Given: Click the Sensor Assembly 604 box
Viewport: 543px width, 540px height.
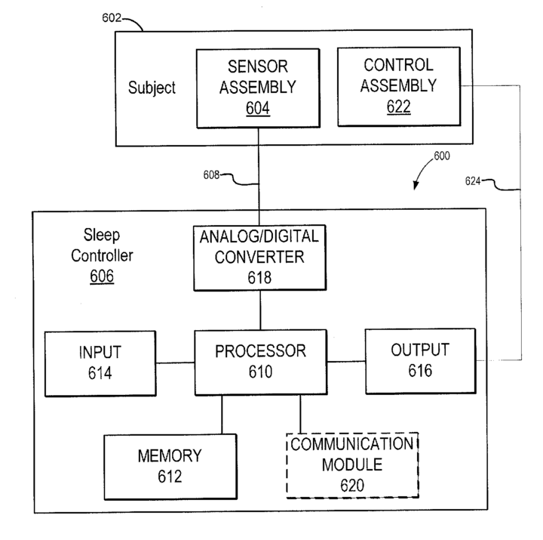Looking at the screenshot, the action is point(258,88).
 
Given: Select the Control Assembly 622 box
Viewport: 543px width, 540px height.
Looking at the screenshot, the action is point(399,86).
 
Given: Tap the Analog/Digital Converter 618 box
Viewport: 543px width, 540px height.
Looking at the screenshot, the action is point(259,258).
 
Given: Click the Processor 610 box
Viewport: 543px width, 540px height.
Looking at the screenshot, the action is point(261,362).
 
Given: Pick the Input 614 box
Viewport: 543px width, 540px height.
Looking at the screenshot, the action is point(100,363).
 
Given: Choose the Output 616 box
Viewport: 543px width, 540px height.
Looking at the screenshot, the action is point(420,361).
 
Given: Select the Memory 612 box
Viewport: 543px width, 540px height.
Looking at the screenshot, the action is point(170,467).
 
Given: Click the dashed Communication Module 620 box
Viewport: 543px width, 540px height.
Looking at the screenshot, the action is point(352,465).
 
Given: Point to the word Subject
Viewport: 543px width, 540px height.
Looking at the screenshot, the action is point(152,88).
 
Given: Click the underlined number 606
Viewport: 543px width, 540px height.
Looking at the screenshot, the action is point(102,276).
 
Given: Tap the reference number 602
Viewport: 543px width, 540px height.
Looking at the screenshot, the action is point(112,17).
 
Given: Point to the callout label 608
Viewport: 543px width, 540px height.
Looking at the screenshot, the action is point(211,174).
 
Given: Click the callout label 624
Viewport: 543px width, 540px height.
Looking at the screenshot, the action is point(473,181).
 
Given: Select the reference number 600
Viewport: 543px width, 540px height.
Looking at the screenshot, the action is point(442,156).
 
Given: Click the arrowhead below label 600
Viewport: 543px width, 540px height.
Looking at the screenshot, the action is point(416,186).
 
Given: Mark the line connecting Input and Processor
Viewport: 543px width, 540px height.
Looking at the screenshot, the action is point(175,363).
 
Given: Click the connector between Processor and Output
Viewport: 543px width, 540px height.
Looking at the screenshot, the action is point(346,362).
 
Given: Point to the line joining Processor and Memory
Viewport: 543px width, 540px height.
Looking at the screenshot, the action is point(222,415).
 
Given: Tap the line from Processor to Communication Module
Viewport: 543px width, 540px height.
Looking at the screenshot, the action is point(300,414).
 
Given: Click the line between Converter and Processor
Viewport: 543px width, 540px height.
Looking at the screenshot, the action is point(260,310).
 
